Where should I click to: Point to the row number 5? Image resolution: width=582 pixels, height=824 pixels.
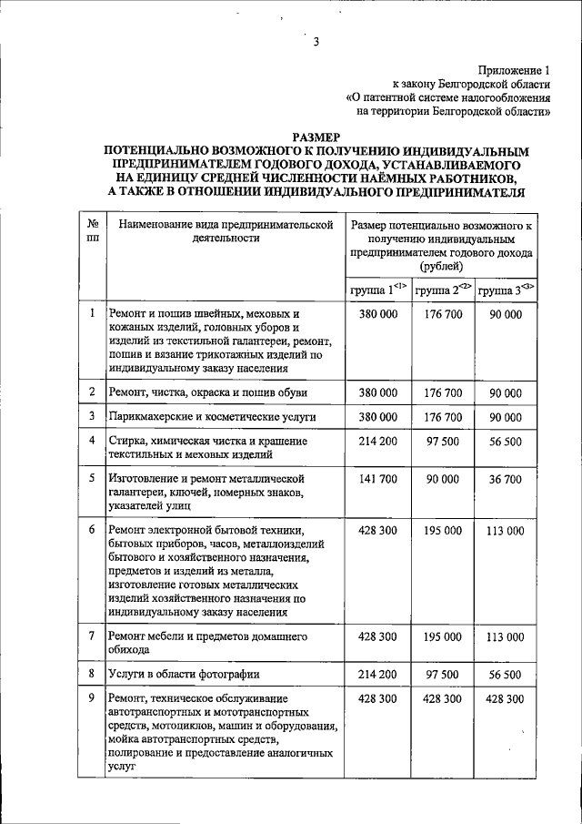coord(92,477)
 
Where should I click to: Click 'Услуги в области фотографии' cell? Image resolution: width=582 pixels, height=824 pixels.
coord(185,675)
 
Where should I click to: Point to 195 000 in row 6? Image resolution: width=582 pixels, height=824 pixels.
coord(443,530)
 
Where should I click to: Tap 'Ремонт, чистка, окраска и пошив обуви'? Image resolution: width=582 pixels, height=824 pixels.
coord(207,392)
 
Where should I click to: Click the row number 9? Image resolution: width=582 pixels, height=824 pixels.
coord(92,697)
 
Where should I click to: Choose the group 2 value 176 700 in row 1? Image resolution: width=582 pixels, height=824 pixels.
coord(443,314)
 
